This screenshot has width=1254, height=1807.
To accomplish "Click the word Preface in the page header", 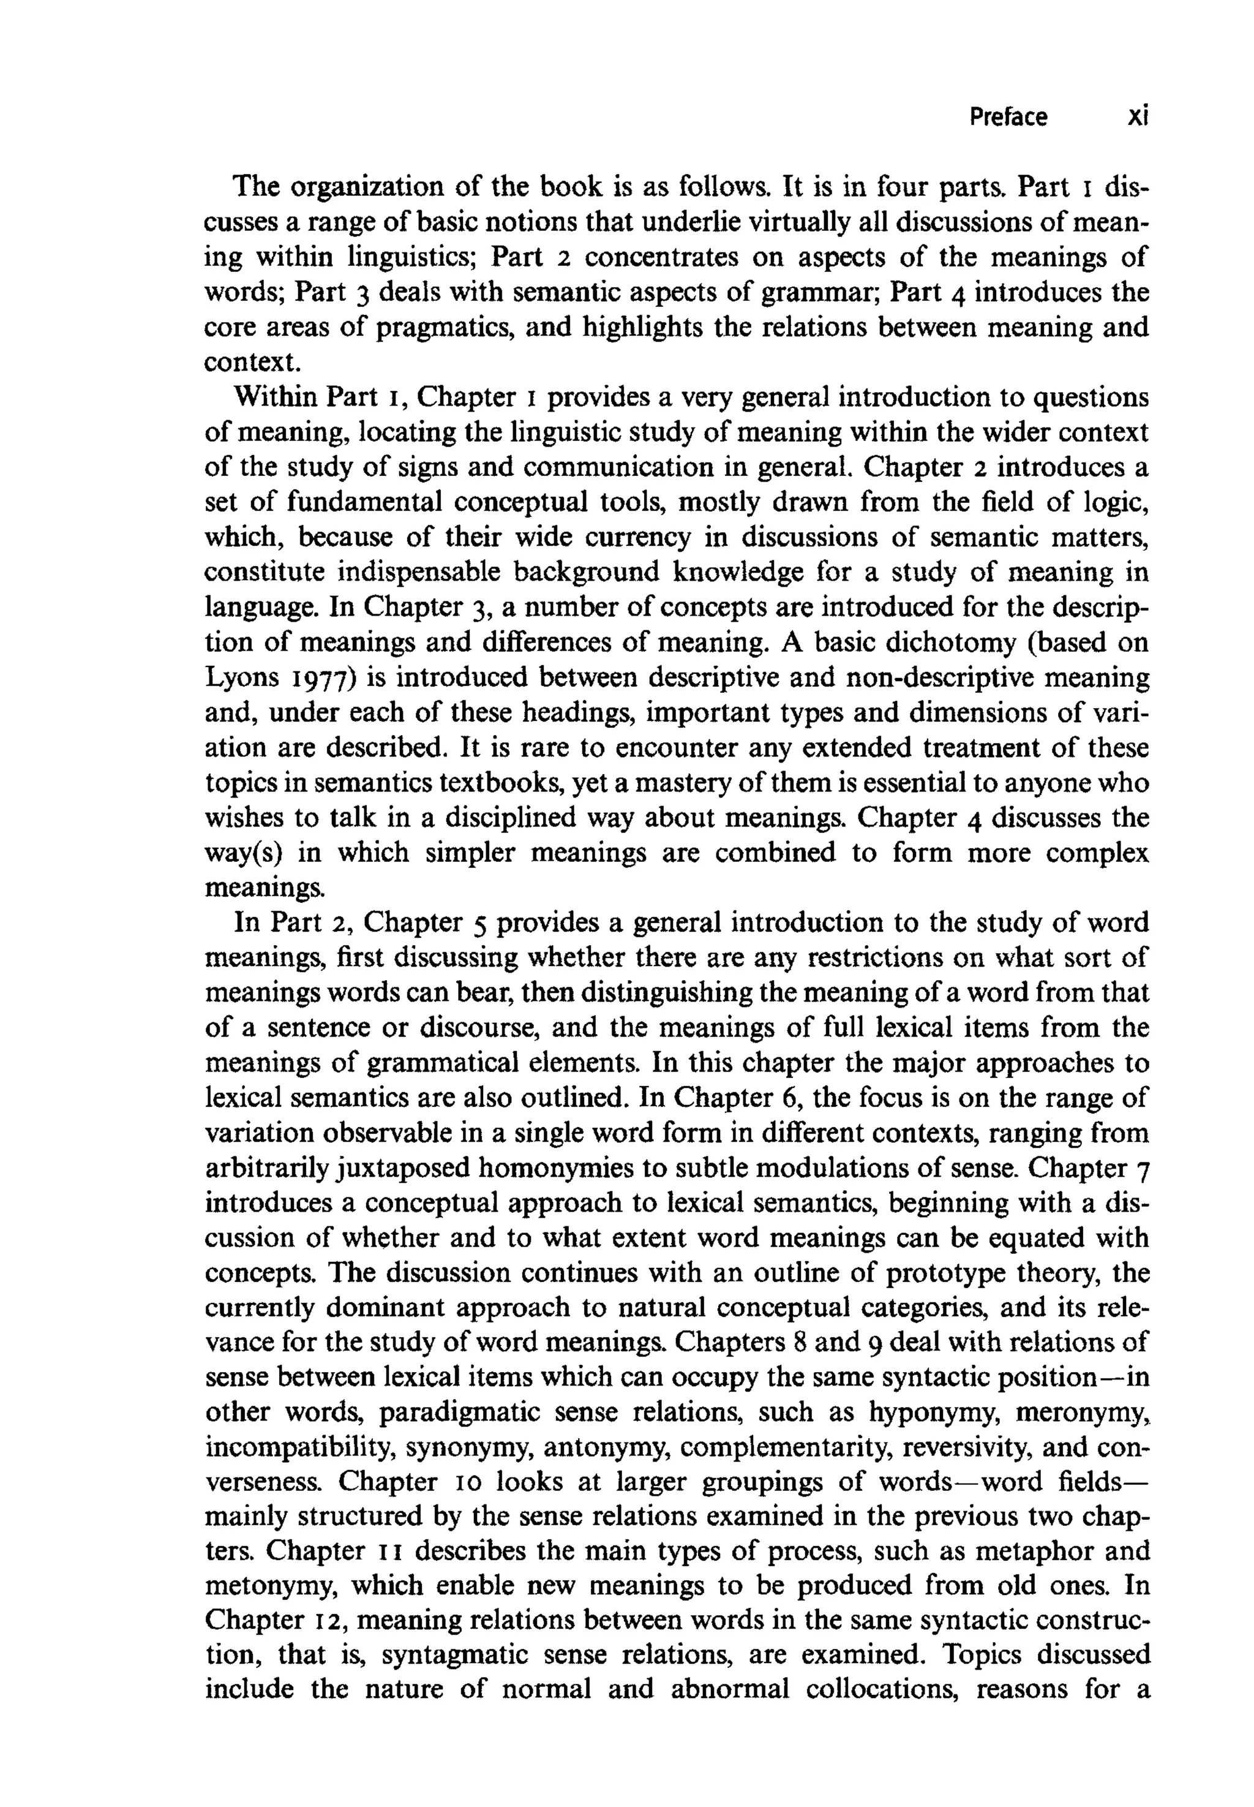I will [x=1007, y=117].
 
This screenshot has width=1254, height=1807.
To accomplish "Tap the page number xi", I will [x=1137, y=117].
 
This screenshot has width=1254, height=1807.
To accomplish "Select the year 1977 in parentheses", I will [x=319, y=677].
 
